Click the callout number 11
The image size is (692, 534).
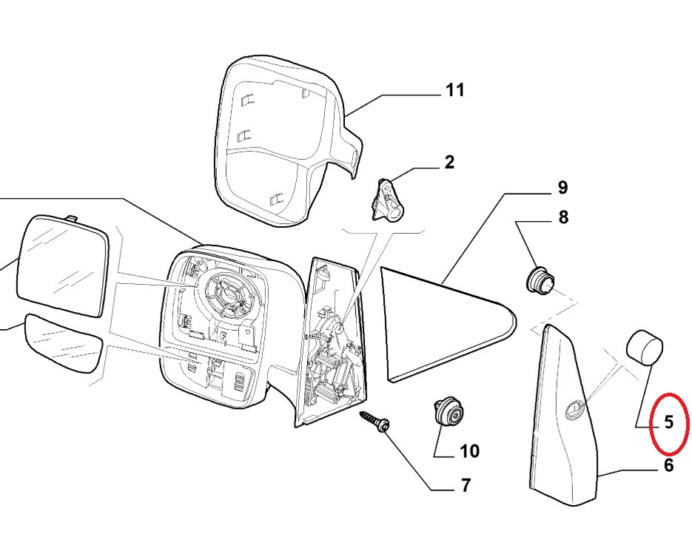click(454, 90)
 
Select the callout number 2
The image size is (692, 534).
click(449, 163)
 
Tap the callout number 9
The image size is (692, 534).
click(562, 188)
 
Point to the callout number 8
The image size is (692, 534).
click(562, 217)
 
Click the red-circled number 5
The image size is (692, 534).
click(668, 422)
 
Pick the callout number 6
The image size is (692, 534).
click(668, 465)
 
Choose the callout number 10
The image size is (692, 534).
click(470, 450)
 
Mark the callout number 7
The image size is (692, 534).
click(466, 486)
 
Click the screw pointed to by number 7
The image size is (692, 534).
click(375, 423)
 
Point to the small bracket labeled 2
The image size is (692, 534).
click(387, 200)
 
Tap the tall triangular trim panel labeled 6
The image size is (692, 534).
click(566, 414)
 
